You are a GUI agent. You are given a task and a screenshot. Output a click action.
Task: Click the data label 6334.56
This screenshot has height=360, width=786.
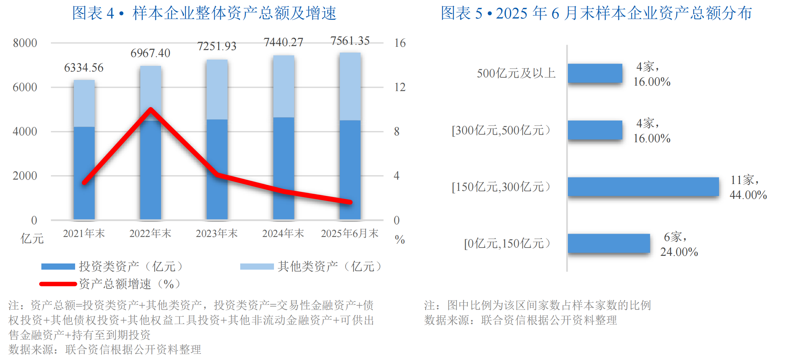coord(84,68)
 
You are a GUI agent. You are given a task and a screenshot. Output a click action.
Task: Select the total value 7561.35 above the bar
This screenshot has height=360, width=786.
coord(350,41)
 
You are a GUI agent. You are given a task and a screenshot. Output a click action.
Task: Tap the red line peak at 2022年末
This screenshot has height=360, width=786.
coord(151,109)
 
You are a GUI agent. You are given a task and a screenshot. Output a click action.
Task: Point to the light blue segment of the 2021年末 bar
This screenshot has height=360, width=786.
coord(84,103)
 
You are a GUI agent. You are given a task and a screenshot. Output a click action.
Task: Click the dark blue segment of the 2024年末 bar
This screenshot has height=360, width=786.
coord(283,167)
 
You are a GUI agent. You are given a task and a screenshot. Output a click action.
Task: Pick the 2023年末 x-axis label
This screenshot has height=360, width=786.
coord(217,233)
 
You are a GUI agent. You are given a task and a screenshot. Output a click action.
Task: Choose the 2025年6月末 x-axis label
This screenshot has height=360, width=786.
coord(349,233)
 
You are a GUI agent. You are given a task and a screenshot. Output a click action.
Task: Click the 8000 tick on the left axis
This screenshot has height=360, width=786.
coord(25,43)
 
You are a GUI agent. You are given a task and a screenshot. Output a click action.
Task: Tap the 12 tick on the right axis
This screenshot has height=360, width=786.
coord(400,87)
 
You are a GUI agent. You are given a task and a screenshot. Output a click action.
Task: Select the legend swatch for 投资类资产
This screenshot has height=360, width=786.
coord(58,267)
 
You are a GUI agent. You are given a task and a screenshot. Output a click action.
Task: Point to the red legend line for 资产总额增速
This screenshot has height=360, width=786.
coord(58,284)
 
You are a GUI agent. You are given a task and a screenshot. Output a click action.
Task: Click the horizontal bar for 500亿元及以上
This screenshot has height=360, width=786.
coord(595,73)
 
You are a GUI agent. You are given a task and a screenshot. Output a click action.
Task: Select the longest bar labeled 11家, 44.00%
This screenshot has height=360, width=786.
coord(643,187)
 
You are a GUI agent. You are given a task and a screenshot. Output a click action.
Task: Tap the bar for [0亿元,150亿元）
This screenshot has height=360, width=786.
coord(609,243)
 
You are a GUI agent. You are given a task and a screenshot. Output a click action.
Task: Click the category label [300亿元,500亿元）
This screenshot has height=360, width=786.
coord(501,130)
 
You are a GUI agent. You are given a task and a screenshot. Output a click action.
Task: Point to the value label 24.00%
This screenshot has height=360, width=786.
coord(679,252)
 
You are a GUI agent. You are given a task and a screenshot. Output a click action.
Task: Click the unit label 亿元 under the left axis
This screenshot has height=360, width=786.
coord(32,239)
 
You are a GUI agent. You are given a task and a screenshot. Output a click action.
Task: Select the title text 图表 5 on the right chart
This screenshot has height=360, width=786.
coord(461,13)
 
